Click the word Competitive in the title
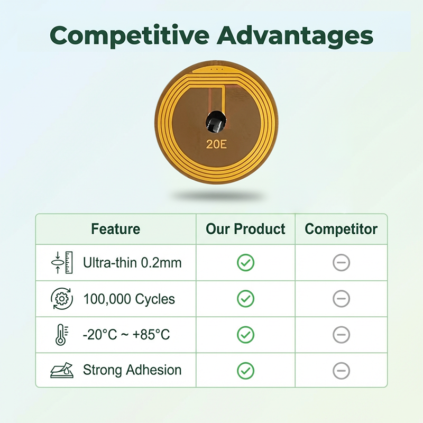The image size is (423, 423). click(129, 36)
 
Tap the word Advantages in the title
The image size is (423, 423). click(295, 35)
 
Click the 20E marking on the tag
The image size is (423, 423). click(216, 144)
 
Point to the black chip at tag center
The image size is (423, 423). click(216, 122)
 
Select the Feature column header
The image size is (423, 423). click(116, 229)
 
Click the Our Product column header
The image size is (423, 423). click(245, 229)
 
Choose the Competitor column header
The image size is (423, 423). click(341, 229)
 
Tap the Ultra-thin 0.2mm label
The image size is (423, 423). click(132, 262)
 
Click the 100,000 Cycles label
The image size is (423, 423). click(129, 299)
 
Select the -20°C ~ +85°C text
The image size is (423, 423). click(126, 335)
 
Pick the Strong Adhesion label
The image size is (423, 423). click(132, 370)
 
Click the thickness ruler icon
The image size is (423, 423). click(62, 262)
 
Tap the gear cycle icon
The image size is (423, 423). click(62, 299)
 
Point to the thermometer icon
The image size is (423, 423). click(62, 335)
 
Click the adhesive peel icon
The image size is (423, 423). click(62, 370)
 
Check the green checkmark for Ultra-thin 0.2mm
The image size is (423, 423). click(245, 262)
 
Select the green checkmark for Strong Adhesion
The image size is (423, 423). click(245, 371)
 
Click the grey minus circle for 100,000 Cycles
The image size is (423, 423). click(341, 299)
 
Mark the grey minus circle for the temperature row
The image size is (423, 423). click(341, 335)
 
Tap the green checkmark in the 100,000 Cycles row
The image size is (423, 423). click(245, 299)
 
